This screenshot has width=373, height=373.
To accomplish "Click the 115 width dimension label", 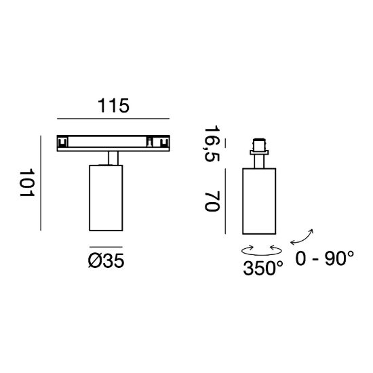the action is pyautogui.click(x=113, y=105).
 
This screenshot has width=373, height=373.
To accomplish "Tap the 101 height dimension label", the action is pyautogui.click(x=27, y=182).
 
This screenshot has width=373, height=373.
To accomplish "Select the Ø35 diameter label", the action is pyautogui.click(x=106, y=260).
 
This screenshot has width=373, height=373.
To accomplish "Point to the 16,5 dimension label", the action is pyautogui.click(x=212, y=143).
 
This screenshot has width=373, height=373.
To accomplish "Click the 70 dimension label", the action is pyautogui.click(x=212, y=201).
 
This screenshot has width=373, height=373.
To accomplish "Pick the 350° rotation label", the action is pyautogui.click(x=263, y=268).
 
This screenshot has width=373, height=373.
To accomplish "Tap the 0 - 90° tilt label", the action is pyautogui.click(x=324, y=258).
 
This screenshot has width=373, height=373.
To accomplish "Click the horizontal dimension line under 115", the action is pyautogui.click(x=113, y=119).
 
